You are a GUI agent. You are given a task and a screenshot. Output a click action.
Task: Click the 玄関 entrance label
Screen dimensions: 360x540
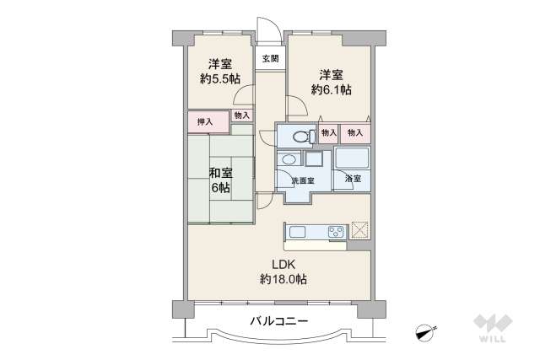[x=270, y=58]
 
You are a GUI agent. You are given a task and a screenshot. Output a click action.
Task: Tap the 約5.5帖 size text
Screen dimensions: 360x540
[x=220, y=79]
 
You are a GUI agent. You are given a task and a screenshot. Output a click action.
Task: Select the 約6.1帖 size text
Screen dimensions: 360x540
[x=330, y=89]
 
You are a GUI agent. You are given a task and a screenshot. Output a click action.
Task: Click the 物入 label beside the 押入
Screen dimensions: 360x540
[x=241, y=115]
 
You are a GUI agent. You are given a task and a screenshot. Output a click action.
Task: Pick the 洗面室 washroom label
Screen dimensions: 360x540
[x=302, y=180]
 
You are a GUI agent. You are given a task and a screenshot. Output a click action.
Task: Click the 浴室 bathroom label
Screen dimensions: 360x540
[x=352, y=179]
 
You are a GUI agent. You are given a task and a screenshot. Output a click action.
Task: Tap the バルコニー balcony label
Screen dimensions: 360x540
[x=279, y=321]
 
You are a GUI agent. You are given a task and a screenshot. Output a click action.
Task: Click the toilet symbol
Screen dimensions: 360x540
[x=300, y=136]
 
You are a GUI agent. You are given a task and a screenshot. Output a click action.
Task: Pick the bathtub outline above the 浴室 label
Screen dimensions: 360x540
[x=352, y=159]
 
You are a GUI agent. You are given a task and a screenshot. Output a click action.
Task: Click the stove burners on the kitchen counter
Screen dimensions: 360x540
[x=332, y=231]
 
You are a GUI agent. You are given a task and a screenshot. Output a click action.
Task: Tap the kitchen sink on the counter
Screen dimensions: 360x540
[x=299, y=231]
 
